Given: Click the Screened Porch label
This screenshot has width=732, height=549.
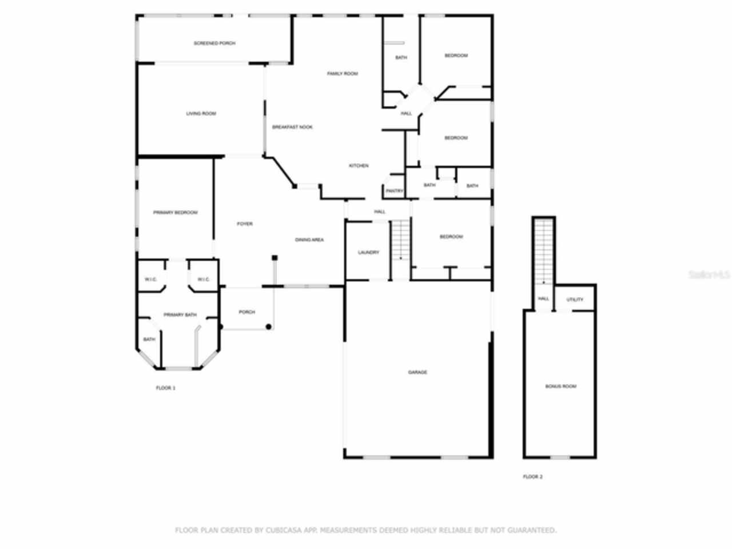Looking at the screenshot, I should pos(214,43).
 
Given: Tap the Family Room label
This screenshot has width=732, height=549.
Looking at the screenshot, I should pos(343,74).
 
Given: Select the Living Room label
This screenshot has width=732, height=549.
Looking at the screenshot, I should pos(201,114).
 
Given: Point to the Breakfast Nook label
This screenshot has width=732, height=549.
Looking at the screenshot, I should pos(292,127).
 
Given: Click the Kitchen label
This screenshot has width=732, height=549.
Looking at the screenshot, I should pos(359,166).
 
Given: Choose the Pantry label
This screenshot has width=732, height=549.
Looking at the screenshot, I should pos(395,191).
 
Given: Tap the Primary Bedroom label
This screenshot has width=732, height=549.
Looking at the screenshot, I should pos(176,213).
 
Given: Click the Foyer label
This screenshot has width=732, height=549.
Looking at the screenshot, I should pos(245,224).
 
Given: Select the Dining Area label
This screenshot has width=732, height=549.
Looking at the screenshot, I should pos(309,240).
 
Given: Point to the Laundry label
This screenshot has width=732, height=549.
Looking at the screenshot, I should pos(368,253).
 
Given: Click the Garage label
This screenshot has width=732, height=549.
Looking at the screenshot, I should pos(417,373).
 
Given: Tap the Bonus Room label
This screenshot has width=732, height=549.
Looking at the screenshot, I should pos(560,387).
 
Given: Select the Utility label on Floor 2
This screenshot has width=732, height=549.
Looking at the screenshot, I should pos(575,300).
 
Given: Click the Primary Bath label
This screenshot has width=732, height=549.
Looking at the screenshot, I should pos(180,315).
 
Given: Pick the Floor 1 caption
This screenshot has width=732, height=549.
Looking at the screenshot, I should pos(166,388).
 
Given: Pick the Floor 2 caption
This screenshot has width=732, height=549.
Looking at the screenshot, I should pos(532,477).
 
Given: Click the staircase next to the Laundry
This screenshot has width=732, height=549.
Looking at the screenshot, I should pos(401,240).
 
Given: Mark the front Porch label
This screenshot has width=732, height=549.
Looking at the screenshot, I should pos(247,312).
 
